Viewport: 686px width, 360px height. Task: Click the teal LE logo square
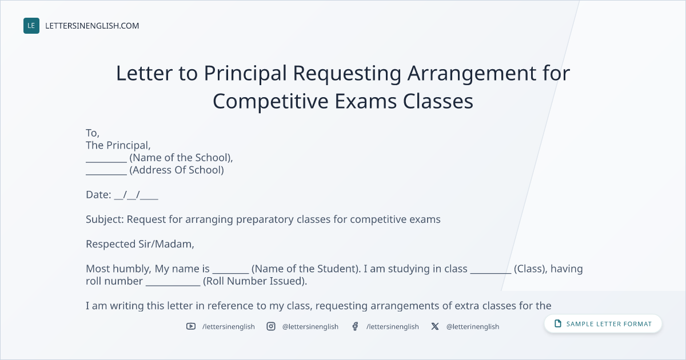pyautogui.click(x=31, y=26)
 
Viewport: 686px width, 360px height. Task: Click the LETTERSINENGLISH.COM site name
pyautogui.click(x=92, y=26)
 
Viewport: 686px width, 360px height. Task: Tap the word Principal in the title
pyautogui.click(x=245, y=74)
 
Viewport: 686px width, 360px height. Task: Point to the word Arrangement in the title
pyautogui.click(x=472, y=74)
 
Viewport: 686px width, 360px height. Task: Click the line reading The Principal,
pyautogui.click(x=118, y=145)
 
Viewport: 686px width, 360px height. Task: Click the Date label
pyautogui.click(x=98, y=195)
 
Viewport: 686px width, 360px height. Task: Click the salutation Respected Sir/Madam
pyautogui.click(x=140, y=244)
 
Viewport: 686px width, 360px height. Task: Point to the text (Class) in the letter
pyautogui.click(x=531, y=269)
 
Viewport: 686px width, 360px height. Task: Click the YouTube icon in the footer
pyautogui.click(x=191, y=326)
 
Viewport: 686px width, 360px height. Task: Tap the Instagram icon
pyautogui.click(x=271, y=326)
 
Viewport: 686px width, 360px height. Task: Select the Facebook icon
pyautogui.click(x=355, y=326)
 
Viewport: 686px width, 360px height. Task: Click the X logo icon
pyautogui.click(x=435, y=326)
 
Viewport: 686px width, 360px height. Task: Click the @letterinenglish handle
pyautogui.click(x=473, y=327)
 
